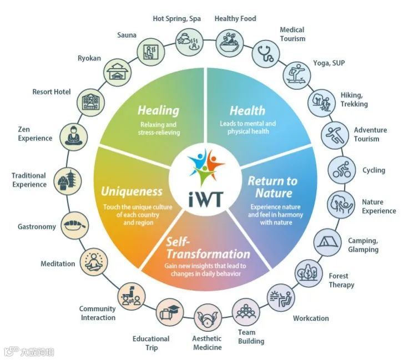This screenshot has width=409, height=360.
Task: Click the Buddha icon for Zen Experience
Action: coord(73,135)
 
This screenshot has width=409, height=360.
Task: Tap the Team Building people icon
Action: coord(244,313)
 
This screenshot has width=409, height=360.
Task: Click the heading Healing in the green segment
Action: coord(158,110)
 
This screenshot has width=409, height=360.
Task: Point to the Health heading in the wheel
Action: coord(247,110)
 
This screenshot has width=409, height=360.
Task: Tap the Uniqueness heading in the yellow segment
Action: coord(132,191)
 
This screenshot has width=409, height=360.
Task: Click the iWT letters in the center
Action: coord(206,197)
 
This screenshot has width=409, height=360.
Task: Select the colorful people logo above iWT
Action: coord(206,165)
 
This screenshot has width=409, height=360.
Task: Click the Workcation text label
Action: coord(311,318)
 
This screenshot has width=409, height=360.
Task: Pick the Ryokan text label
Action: coord(89,57)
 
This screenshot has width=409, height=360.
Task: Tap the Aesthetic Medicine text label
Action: coord(207,343)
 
